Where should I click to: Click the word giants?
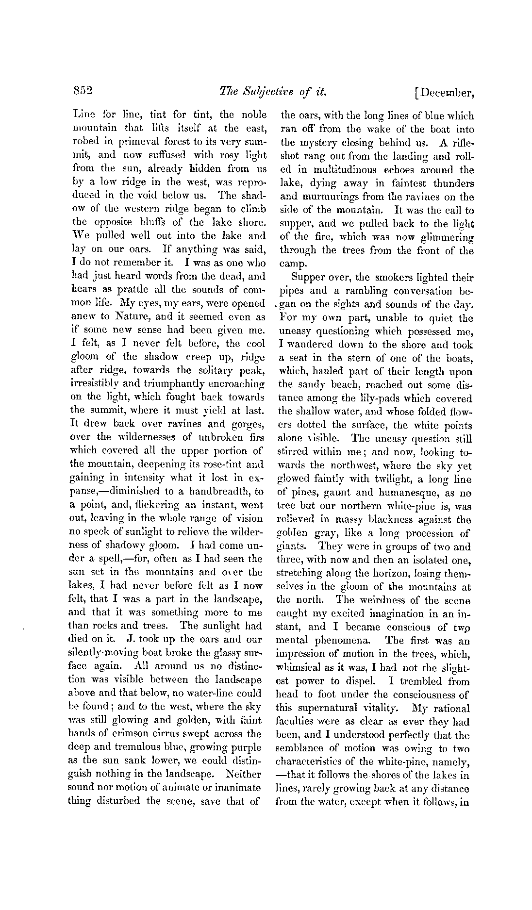point(290,547)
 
